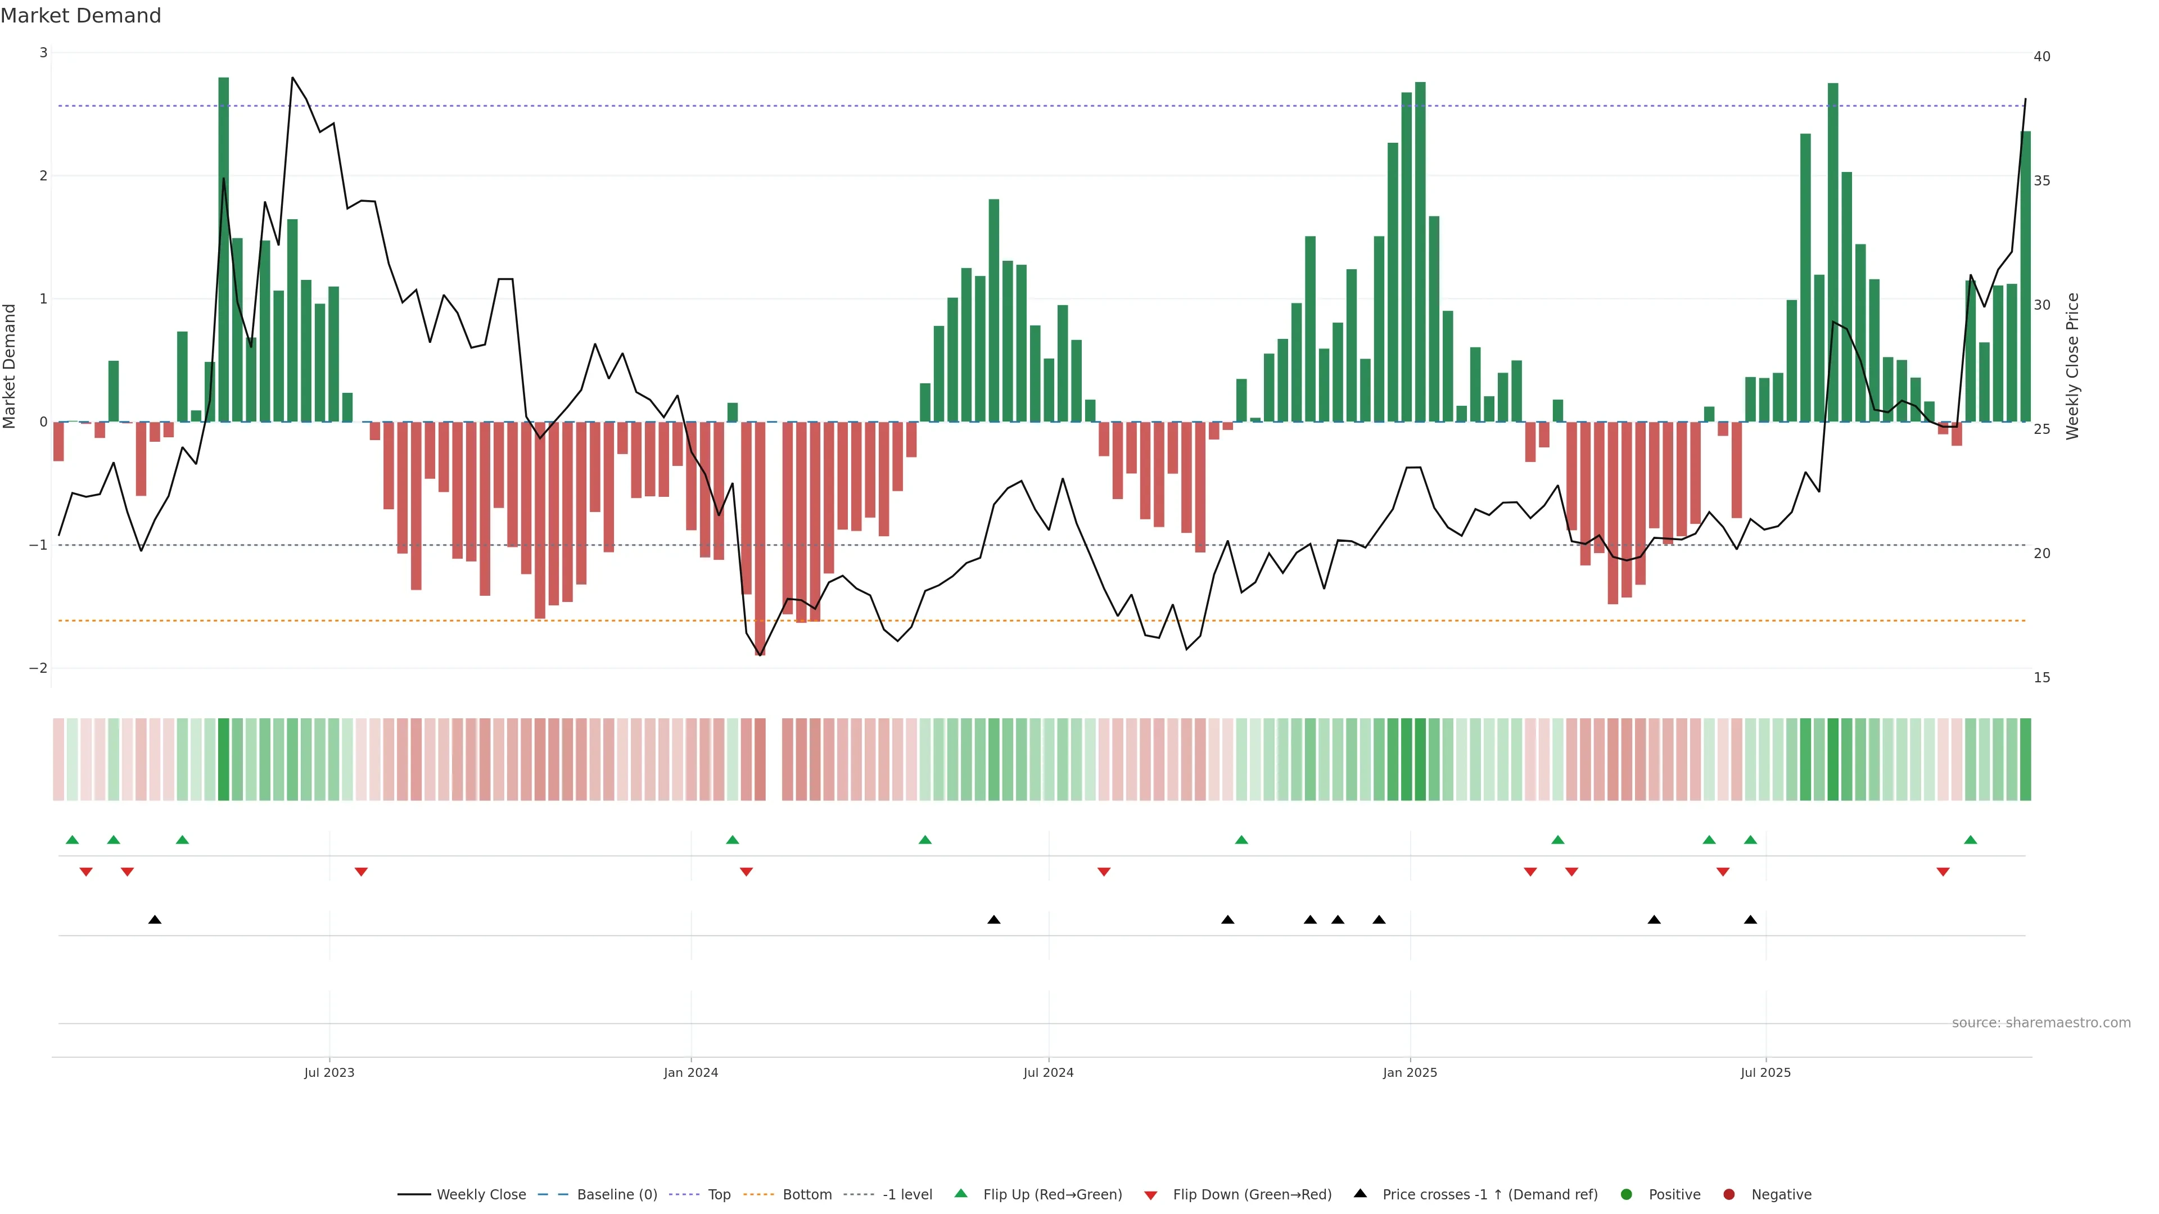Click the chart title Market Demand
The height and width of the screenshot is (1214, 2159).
[80, 16]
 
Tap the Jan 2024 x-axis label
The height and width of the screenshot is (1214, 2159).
[690, 1072]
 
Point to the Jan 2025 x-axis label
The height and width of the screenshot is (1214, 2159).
[1410, 1072]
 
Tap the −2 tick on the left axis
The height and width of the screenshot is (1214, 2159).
[39, 668]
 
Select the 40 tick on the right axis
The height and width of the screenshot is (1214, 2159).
[2041, 56]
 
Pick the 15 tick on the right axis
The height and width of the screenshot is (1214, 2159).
[2041, 677]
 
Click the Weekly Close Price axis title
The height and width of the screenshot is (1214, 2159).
[2072, 366]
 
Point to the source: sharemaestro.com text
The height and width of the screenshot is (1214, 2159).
[2041, 1023]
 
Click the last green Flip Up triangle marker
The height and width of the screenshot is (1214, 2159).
[1971, 840]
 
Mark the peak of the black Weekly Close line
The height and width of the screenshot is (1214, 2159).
[292, 78]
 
